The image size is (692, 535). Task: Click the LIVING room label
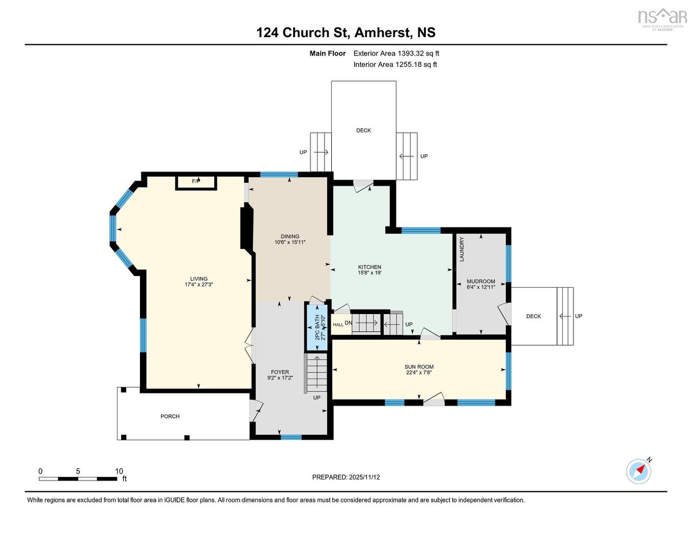pos(199,278)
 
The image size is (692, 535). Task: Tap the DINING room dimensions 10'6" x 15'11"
pos(290,242)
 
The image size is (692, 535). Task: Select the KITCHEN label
pos(369,267)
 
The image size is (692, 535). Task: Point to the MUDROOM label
pos(481,281)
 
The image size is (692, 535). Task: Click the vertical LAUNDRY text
pos(462,249)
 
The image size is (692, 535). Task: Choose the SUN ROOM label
pos(419,367)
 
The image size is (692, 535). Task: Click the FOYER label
pos(280,372)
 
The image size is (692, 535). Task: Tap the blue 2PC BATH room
pos(316,327)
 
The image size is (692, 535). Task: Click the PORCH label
pos(170,416)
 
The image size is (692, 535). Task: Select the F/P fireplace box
pos(196,182)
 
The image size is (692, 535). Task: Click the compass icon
pos(639,471)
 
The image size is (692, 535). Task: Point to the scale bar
pos(78,478)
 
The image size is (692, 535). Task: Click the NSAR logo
pos(662,19)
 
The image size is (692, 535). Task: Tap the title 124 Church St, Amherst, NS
pos(346,33)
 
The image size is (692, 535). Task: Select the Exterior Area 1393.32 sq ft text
pos(396,53)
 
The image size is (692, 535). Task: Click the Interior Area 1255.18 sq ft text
pos(395,64)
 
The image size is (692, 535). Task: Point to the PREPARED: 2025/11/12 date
pos(346,477)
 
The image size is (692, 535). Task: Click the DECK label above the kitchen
pos(363,130)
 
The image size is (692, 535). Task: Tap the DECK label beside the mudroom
pos(533,316)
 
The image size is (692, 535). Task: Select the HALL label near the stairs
pos(338,325)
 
